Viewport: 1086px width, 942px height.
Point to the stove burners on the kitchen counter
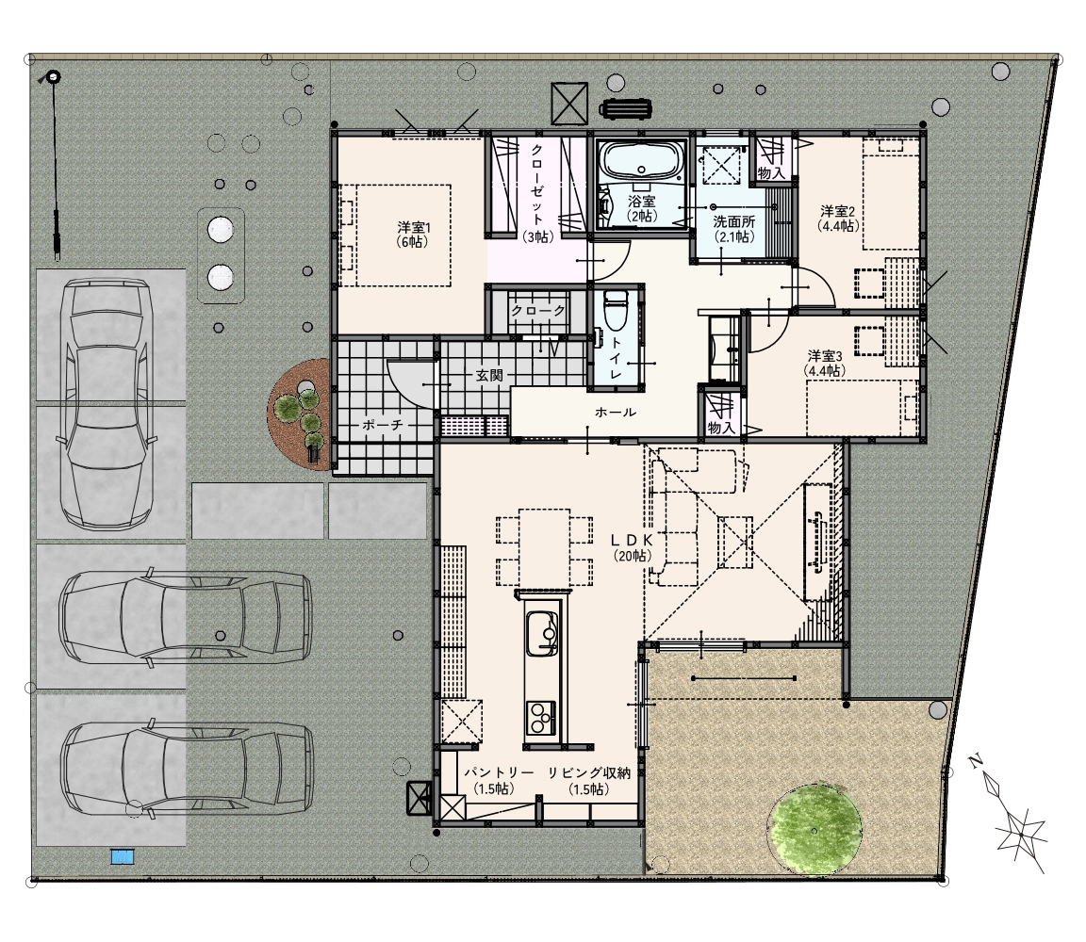click(540, 718)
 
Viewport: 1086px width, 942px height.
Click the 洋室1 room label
click(414, 234)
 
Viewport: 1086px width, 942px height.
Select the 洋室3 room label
click(824, 364)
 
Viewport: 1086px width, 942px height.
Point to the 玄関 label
click(489, 376)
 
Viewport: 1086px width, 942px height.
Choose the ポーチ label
click(383, 425)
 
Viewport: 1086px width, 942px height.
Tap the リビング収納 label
click(589, 773)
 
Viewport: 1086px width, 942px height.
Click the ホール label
click(615, 413)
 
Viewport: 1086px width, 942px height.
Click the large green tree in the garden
click(815, 829)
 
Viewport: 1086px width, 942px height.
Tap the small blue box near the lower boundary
click(123, 856)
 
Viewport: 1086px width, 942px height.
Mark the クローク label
click(538, 312)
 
